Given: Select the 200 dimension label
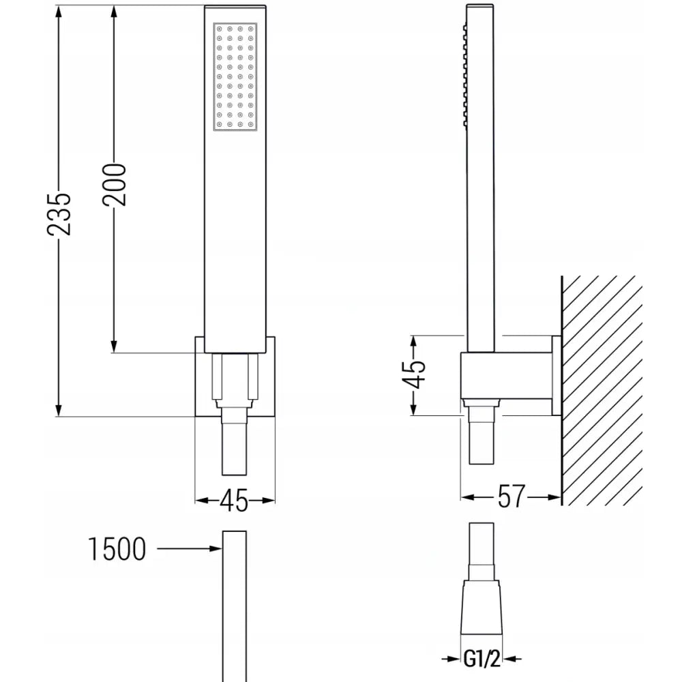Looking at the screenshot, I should click(114, 184).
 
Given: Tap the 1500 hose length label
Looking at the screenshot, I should click(117, 548).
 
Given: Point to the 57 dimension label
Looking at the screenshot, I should click(511, 497).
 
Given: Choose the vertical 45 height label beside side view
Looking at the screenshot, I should click(415, 374).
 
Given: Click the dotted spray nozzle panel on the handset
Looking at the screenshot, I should click(235, 76).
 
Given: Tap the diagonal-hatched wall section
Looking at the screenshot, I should click(600, 389).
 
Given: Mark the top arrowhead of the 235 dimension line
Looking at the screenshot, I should click(60, 15).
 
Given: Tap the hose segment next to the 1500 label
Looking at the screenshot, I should click(235, 607).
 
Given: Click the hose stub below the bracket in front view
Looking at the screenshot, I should click(235, 447).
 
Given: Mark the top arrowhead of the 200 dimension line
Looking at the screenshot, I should click(114, 15).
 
